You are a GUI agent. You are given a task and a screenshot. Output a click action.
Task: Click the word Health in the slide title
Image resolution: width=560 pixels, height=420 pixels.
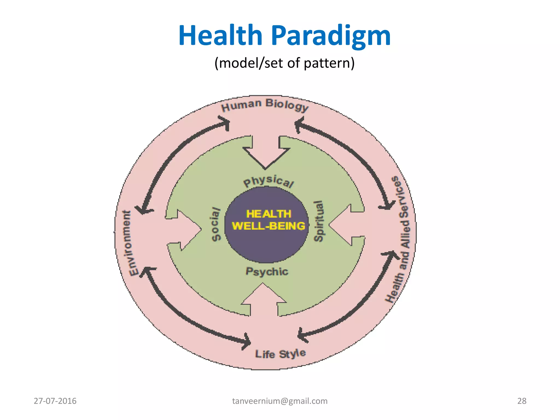pyautogui.click(x=220, y=36)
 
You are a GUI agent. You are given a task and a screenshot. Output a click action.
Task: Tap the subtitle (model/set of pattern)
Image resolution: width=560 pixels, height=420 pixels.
pyautogui.click(x=284, y=63)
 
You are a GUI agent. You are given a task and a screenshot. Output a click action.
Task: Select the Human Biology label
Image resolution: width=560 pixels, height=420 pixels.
pyautogui.click(x=265, y=105)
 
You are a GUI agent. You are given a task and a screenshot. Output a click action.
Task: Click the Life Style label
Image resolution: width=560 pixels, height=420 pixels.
pyautogui.click(x=280, y=354)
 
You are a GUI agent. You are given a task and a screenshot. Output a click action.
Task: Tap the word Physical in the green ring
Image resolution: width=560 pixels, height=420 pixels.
pyautogui.click(x=268, y=181)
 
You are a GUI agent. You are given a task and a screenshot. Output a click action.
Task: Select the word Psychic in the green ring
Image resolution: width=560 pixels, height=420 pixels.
pyautogui.click(x=267, y=271)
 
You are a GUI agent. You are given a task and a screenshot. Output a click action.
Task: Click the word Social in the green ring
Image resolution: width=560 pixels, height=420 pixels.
pyautogui.click(x=216, y=224)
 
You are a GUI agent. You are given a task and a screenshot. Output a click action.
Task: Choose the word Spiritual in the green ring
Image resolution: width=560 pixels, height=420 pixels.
pyautogui.click(x=319, y=221)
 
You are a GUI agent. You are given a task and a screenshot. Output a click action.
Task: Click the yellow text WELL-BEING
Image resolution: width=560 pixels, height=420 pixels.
pyautogui.click(x=268, y=226)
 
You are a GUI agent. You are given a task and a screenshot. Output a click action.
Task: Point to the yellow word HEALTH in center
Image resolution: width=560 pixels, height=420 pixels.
pyautogui.click(x=269, y=214)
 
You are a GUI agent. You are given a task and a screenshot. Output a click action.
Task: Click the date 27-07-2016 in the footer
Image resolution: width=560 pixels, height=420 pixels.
pyautogui.click(x=55, y=401)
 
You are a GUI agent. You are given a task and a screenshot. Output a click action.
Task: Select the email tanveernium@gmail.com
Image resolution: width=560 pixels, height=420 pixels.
pyautogui.click(x=280, y=401)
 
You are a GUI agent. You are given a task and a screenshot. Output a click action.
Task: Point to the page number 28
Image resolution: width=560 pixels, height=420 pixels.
pyautogui.click(x=522, y=401)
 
